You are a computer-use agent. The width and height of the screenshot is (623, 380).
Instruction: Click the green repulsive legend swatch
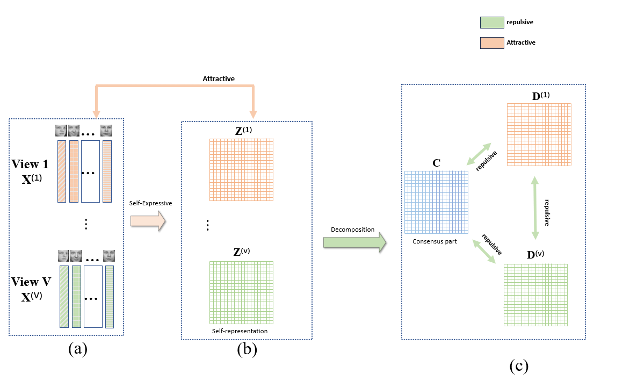[x=491, y=22]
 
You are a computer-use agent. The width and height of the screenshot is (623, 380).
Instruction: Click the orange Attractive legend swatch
[x=491, y=42]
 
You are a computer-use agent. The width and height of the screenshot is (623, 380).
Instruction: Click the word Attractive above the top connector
[x=219, y=78]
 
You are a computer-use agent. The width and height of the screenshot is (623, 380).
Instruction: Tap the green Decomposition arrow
[x=354, y=242]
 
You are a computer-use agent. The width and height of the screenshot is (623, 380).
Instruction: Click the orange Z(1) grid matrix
[x=242, y=169]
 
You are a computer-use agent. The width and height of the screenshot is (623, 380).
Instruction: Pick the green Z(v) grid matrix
[x=242, y=292]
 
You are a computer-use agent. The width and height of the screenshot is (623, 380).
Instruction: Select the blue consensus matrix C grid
[x=436, y=202]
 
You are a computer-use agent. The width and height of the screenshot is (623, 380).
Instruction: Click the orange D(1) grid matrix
[x=539, y=134]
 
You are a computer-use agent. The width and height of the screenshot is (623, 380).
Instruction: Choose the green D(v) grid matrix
[x=535, y=295]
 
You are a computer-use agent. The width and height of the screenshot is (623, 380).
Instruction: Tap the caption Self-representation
[x=240, y=331]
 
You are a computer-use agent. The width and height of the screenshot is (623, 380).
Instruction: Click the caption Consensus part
[x=434, y=241]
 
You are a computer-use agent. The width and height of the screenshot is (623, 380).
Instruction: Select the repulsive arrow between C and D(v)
[x=483, y=250]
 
